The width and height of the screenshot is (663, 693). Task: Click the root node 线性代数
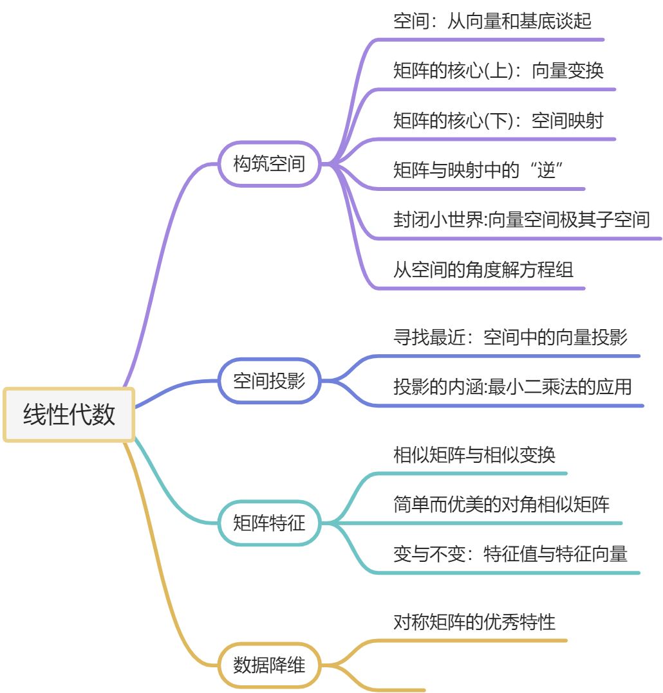tap(69, 415)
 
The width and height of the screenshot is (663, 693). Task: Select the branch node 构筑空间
tap(268, 164)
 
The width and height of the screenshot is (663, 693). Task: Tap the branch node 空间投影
tap(268, 381)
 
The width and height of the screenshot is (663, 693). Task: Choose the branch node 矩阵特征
tap(268, 523)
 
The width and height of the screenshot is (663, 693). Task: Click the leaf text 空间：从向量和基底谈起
tap(492, 21)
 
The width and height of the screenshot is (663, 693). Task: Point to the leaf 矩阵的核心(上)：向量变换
tap(498, 70)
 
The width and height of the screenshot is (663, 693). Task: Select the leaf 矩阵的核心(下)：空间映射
tap(498, 120)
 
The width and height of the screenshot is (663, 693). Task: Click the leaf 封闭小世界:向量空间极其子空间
tap(521, 219)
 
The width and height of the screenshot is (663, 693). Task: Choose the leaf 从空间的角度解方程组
tap(483, 269)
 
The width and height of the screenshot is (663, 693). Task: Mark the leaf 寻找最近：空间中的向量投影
tap(510, 337)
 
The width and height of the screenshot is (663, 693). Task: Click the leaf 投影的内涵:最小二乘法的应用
tap(512, 386)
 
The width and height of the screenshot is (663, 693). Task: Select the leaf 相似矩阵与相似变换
tap(474, 455)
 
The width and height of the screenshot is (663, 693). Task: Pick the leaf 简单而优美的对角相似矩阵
tap(501, 504)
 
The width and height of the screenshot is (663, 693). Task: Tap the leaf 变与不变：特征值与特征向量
tap(510, 553)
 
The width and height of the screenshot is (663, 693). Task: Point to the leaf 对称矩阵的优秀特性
tap(474, 622)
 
